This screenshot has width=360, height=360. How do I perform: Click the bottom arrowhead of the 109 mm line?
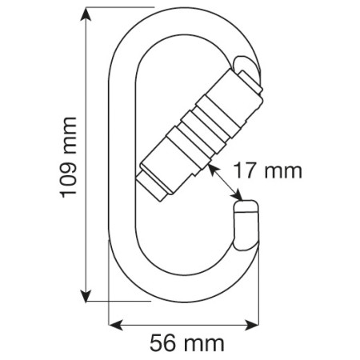pyautogui.click(x=83, y=297)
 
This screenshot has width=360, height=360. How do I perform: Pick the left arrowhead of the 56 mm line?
pyautogui.click(x=113, y=324)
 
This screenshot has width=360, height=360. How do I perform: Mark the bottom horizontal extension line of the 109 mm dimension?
pyautogui.click(x=120, y=302)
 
